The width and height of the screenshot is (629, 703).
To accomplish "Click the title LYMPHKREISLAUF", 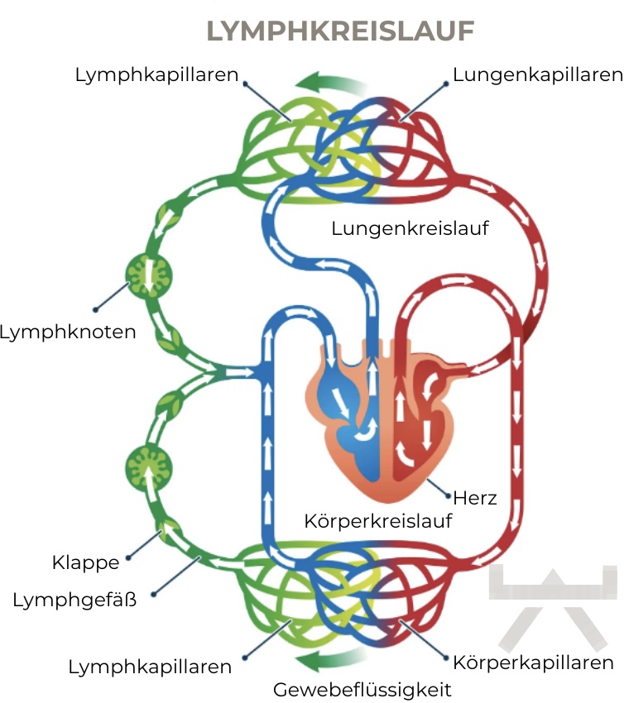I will (339, 31).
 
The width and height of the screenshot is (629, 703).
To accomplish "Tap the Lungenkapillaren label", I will (538, 75).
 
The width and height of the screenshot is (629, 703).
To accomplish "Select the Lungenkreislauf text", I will (410, 228).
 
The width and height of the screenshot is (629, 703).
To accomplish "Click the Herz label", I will (475, 498).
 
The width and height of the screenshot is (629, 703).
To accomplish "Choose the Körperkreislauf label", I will (379, 522).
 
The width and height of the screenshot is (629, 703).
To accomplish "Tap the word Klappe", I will (85, 563).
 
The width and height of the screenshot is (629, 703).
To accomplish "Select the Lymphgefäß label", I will (74, 600).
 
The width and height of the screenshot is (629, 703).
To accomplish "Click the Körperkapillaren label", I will (534, 662).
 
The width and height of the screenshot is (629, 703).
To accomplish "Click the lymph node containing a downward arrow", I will (150, 276).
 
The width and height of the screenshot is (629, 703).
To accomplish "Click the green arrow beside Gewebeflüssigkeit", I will (331, 660).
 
